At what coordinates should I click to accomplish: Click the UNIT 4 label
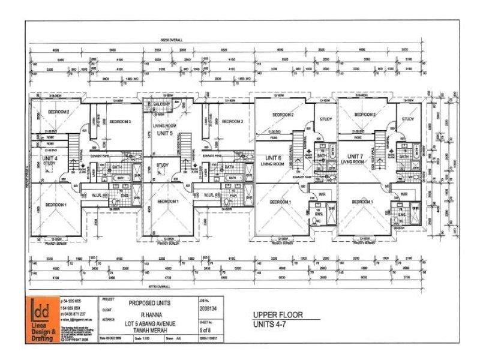pos(50,157)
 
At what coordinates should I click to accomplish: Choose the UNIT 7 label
pos(352,157)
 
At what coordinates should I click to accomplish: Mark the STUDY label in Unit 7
pos(408,119)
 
